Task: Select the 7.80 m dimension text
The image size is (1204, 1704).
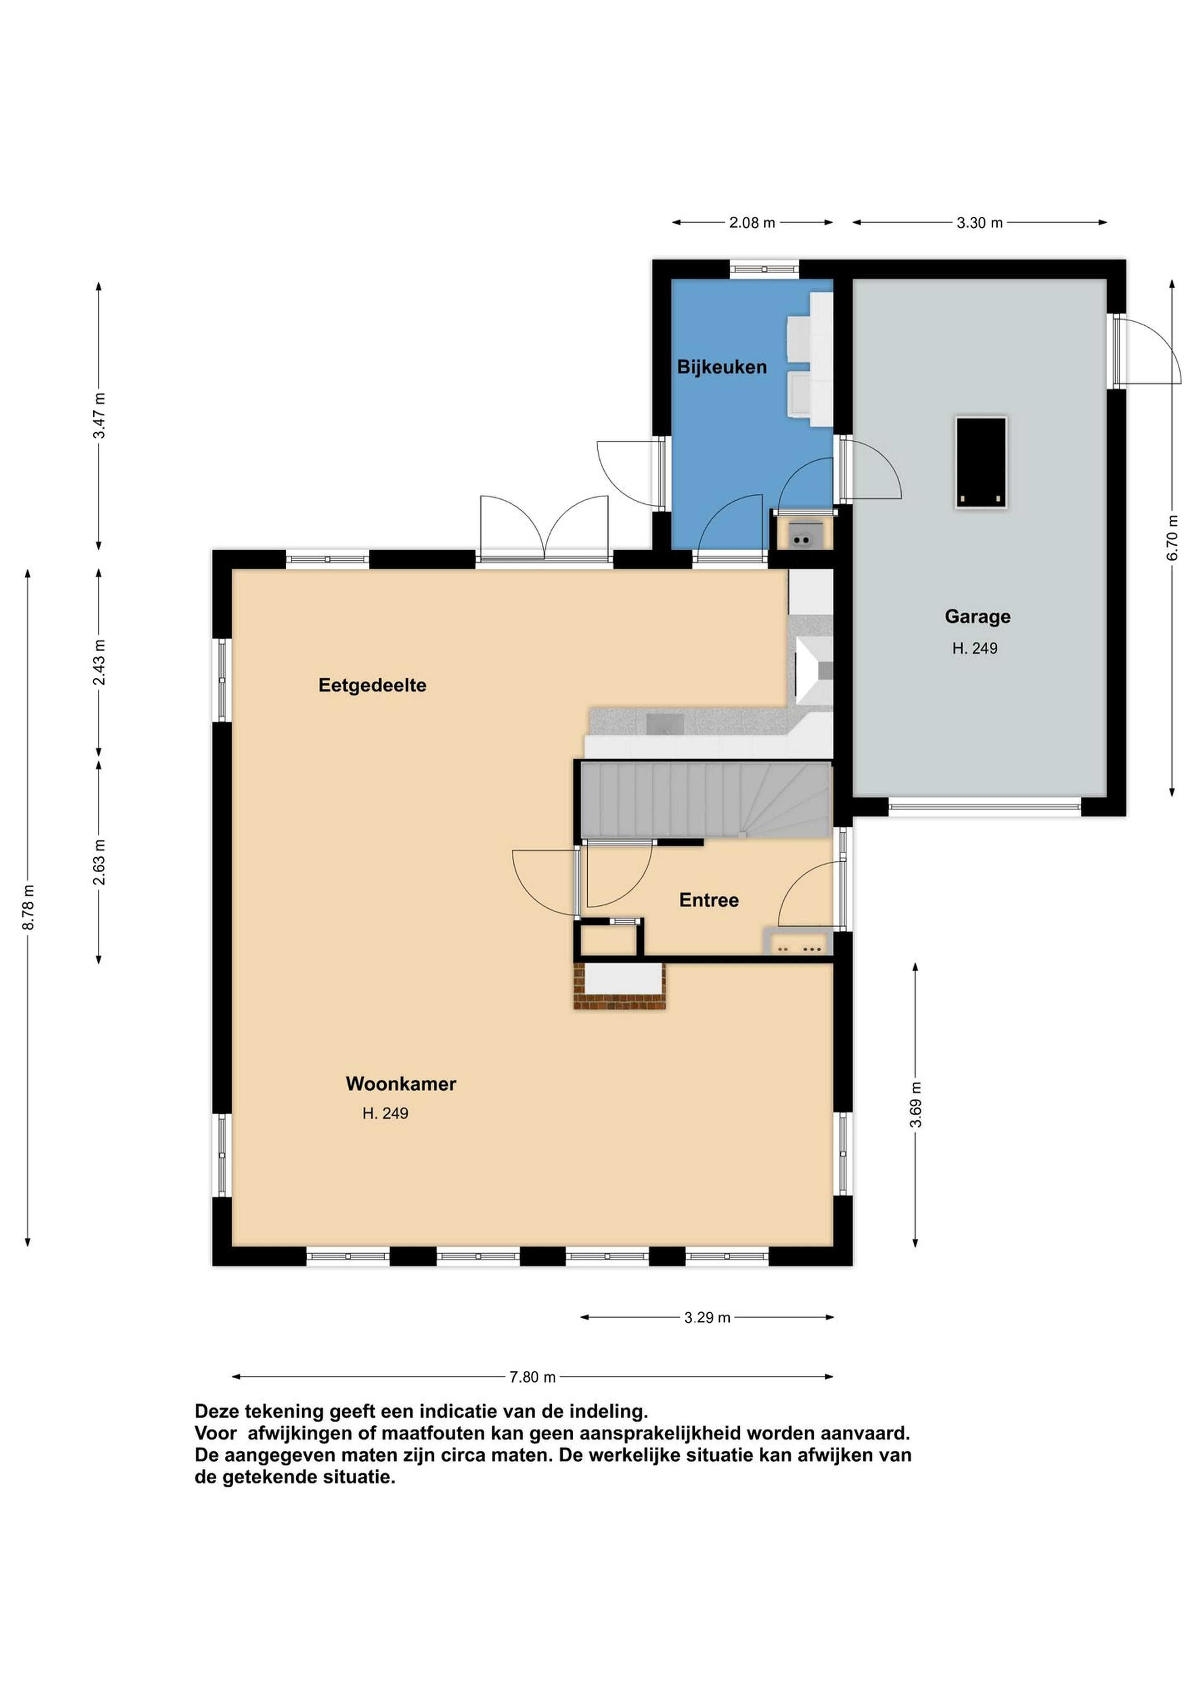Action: (532, 1377)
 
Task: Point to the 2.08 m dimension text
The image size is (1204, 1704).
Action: (752, 223)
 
